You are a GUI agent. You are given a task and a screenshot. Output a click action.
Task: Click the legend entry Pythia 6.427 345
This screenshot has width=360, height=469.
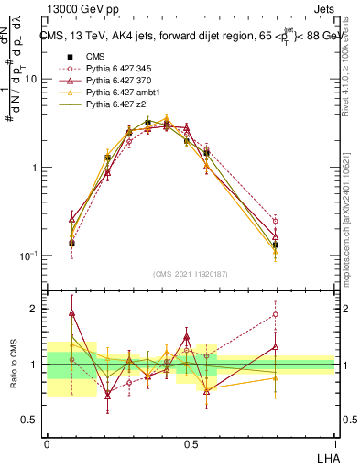click(x=114, y=68)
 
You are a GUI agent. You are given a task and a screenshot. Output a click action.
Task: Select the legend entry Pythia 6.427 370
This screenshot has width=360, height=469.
click(x=114, y=81)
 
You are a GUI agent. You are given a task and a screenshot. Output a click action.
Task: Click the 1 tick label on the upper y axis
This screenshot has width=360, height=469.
click(x=35, y=168)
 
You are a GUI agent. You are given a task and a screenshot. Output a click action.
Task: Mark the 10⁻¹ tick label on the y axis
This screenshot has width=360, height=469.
click(x=29, y=256)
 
